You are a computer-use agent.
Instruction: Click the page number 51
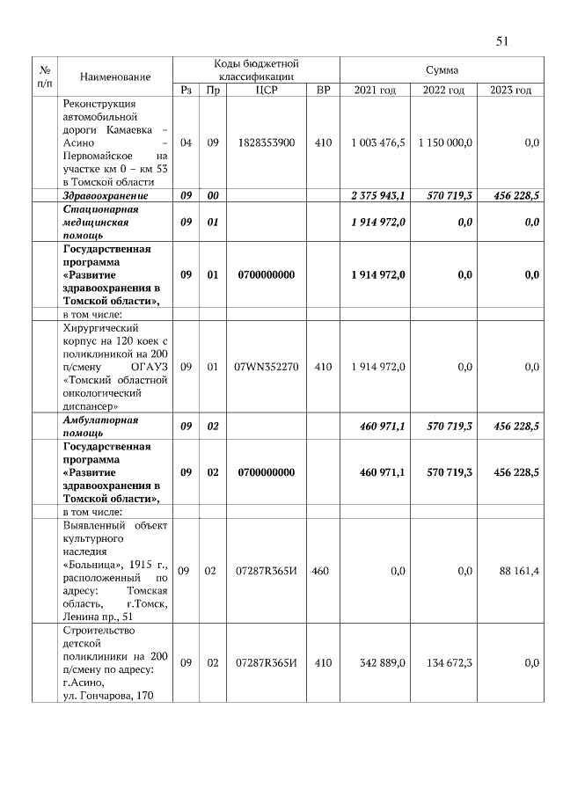click(503, 40)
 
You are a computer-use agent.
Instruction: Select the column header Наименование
click(115, 77)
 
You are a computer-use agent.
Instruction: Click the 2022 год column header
click(443, 91)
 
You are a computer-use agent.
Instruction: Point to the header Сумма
click(442, 69)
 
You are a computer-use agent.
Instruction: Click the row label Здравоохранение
click(105, 195)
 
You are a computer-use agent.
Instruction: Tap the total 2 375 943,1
click(377, 195)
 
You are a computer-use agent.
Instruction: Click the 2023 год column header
click(511, 91)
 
